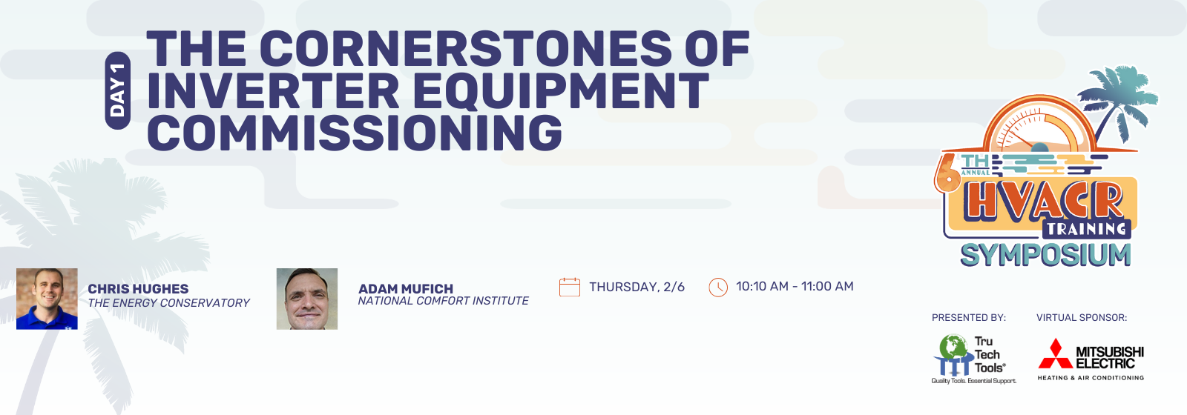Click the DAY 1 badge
click(118, 90)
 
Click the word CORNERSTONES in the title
click(467, 48)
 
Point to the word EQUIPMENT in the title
click(561, 91)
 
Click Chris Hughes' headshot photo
click(47, 299)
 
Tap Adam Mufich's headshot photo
click(307, 299)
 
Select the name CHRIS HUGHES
click(138, 288)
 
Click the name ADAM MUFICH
click(406, 288)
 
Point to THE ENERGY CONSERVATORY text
click(168, 303)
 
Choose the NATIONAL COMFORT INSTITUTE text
click(444, 301)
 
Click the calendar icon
click(570, 287)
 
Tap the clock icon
click(718, 288)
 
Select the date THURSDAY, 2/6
click(637, 287)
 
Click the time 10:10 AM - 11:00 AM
click(795, 286)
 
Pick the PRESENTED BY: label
click(969, 318)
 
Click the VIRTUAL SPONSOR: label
click(1082, 318)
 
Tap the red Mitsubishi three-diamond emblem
click(1055, 353)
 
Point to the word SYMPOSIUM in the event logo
click(1045, 255)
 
